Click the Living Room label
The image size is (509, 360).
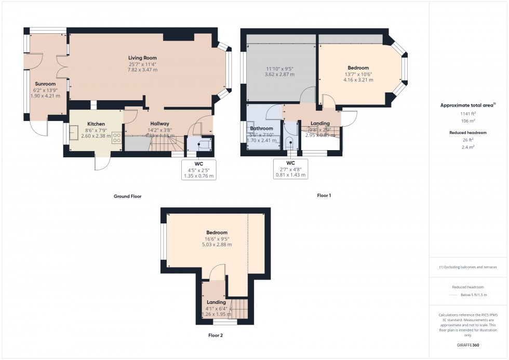(142, 58)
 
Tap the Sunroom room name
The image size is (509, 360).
(45, 84)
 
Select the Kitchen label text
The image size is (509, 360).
(96, 124)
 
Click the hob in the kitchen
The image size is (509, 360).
(117, 138)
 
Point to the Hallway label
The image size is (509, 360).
(154, 123)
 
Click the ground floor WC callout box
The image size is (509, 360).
(198, 170)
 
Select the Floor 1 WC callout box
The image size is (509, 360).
(290, 169)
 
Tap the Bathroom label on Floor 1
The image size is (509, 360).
(261, 128)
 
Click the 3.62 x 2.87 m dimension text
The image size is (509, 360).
(280, 74)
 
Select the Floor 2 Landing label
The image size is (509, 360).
(216, 302)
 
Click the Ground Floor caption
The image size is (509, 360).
(128, 196)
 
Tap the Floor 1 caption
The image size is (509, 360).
(324, 195)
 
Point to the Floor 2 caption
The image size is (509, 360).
(216, 336)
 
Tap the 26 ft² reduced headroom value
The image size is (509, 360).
(468, 140)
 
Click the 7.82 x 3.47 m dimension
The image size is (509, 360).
(142, 70)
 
